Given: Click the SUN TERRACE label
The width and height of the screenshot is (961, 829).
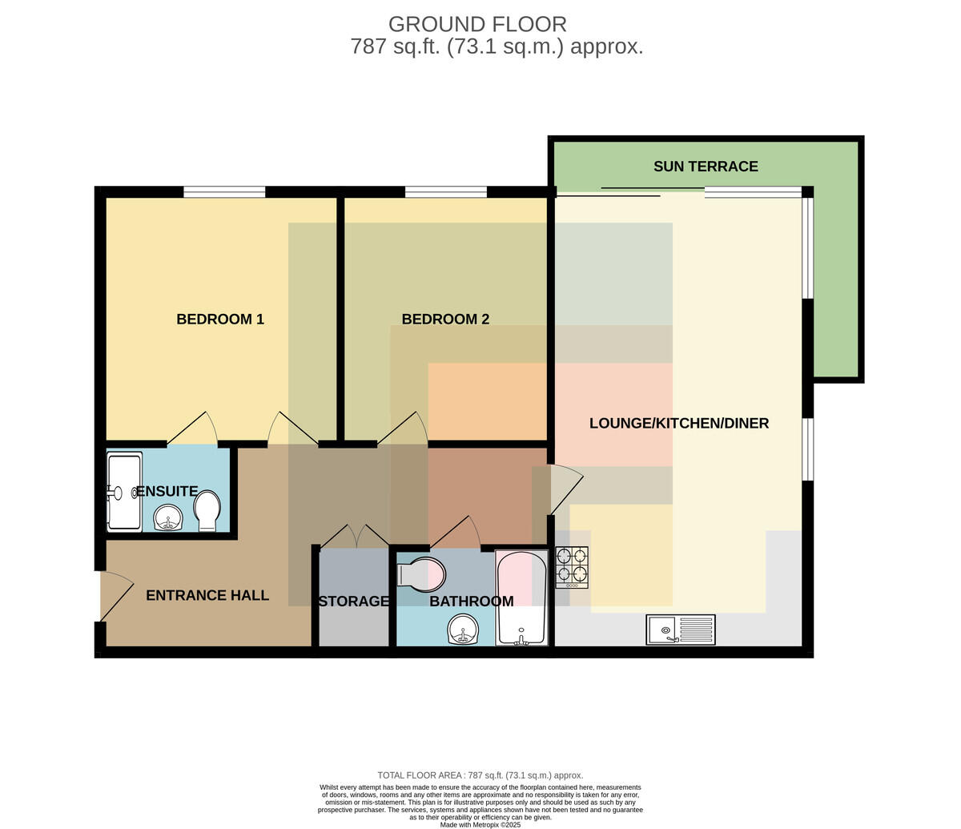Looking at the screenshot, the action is pyautogui.click(x=706, y=167).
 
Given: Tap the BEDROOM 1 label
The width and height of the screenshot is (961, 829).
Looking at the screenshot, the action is pyautogui.click(x=220, y=319).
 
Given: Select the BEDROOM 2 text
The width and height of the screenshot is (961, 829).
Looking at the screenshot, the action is pyautogui.click(x=445, y=319).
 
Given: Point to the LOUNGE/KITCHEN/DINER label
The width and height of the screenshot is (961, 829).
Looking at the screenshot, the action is pyautogui.click(x=679, y=423).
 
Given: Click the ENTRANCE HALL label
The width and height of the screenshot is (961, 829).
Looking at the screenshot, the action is pyautogui.click(x=207, y=595).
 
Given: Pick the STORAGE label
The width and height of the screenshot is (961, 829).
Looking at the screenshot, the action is pyautogui.click(x=353, y=602).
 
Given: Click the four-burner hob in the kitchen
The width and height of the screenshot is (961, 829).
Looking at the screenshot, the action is pyautogui.click(x=572, y=567).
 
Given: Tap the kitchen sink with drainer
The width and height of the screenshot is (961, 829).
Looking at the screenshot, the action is pyautogui.click(x=681, y=630).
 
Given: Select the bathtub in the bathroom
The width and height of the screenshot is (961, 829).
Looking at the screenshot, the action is pyautogui.click(x=521, y=598).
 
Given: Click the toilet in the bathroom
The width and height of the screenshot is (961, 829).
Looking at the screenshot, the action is pyautogui.click(x=421, y=573).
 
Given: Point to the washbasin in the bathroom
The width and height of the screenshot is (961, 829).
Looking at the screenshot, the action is pyautogui.click(x=463, y=630).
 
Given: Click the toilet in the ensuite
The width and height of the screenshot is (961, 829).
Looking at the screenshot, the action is pyautogui.click(x=207, y=510).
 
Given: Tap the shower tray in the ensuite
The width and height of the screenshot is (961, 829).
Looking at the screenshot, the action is pyautogui.click(x=125, y=492).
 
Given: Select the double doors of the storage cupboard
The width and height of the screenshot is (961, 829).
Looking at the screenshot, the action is pyautogui.click(x=355, y=536).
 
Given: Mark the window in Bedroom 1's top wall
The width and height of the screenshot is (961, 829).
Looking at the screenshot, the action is pyautogui.click(x=224, y=192).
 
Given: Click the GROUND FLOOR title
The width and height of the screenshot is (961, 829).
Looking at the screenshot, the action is pyautogui.click(x=477, y=24).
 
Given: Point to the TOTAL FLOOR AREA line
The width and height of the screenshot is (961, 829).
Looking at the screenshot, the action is pyautogui.click(x=480, y=775).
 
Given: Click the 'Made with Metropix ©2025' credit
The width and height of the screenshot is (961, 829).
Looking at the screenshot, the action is pyautogui.click(x=480, y=825).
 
